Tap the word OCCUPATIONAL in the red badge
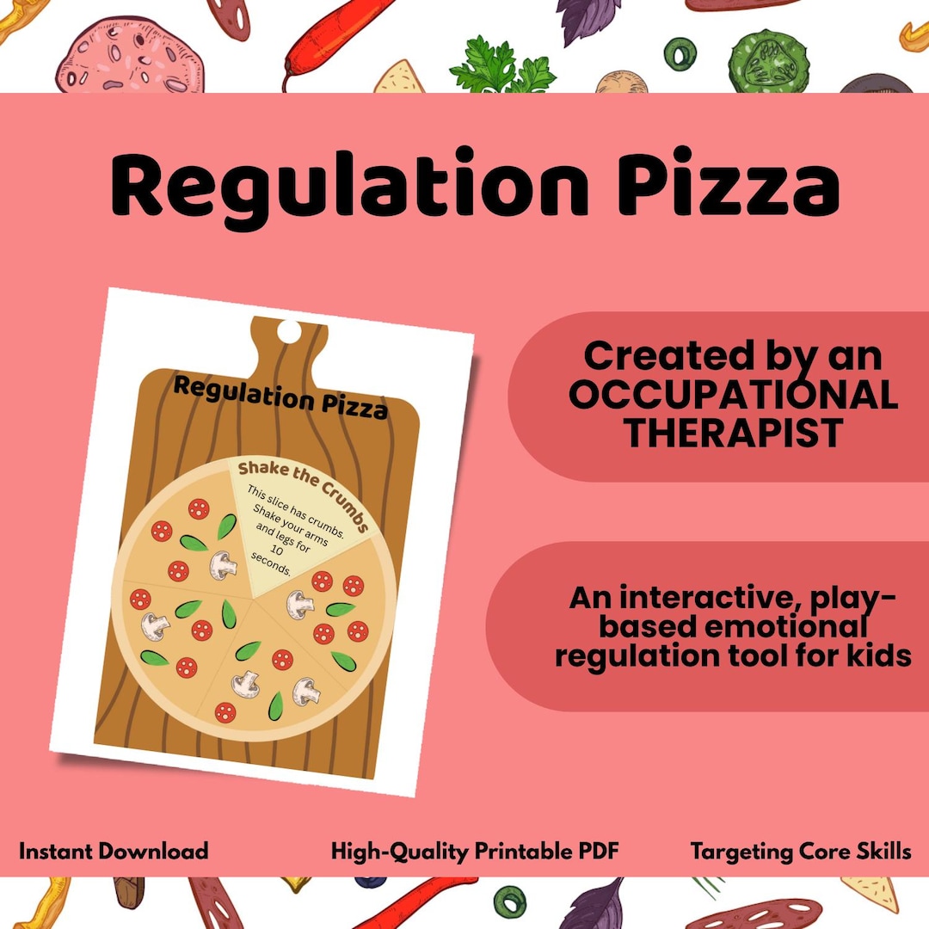click(x=734, y=395)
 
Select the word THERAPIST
click(x=733, y=434)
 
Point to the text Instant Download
click(x=114, y=852)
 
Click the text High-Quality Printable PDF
click(x=475, y=852)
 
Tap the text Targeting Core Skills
click(x=800, y=852)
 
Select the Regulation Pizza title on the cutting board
click(x=280, y=397)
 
